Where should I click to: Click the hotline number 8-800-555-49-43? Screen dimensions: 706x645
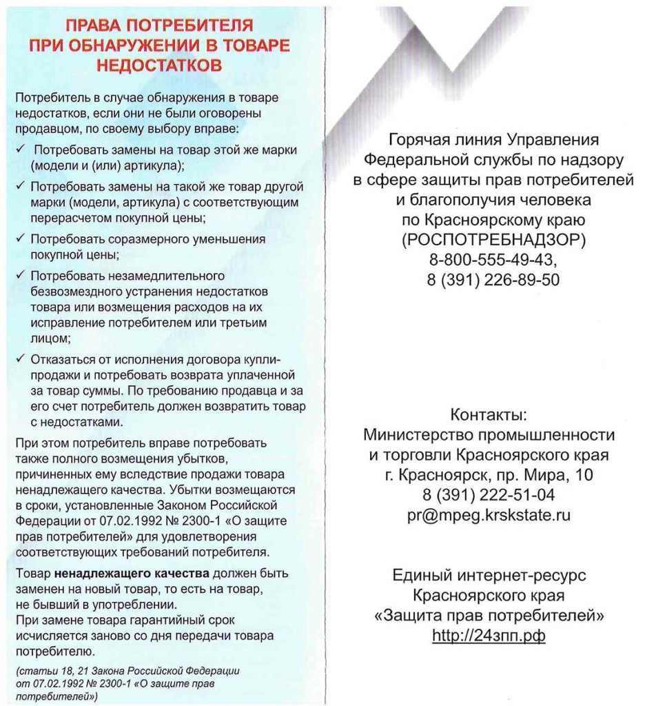click(x=493, y=260)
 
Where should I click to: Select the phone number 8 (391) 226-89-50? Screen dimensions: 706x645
click(x=493, y=279)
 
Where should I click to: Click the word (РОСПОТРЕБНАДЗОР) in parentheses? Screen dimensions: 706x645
click(x=493, y=240)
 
